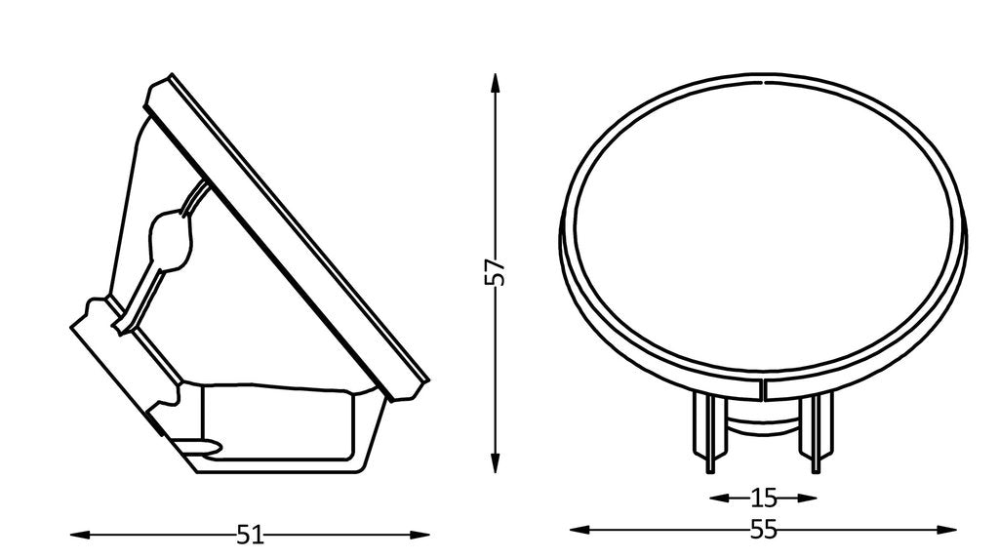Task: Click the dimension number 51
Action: [x=251, y=534]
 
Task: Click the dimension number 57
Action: [x=496, y=271]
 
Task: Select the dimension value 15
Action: [x=764, y=499]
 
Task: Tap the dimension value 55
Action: [x=764, y=530]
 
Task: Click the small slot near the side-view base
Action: [x=200, y=448]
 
